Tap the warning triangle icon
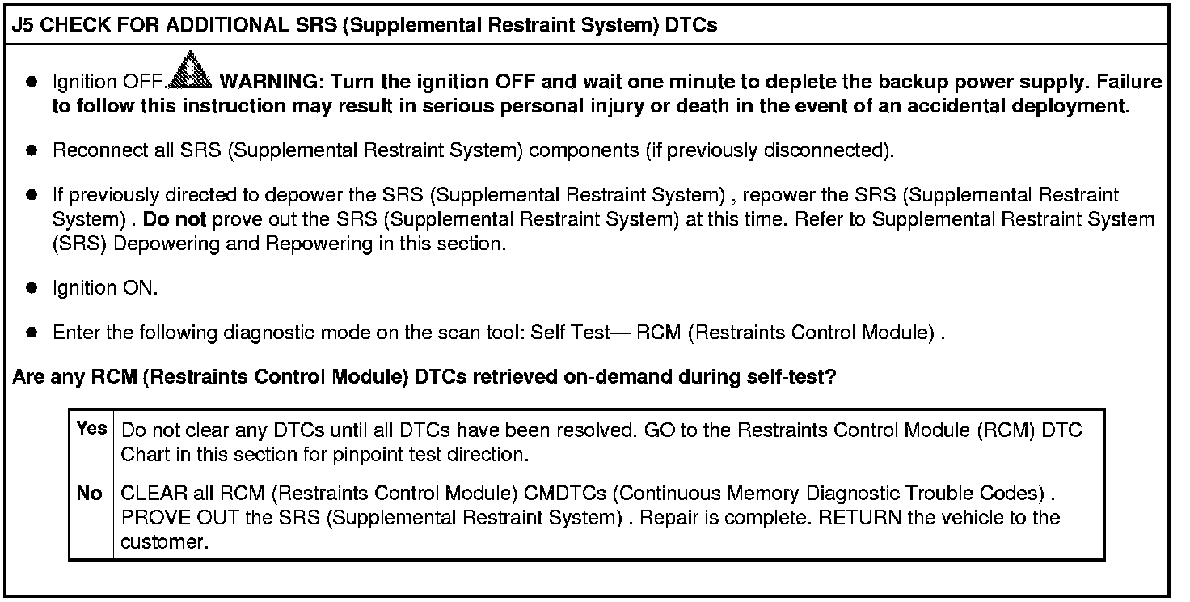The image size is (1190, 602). click(192, 70)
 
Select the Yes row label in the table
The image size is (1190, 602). click(91, 429)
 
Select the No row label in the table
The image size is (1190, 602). click(90, 493)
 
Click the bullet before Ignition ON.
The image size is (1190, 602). click(32, 288)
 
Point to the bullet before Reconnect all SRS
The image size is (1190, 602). click(32, 150)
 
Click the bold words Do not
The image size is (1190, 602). click(175, 219)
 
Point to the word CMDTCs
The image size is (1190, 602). click(569, 493)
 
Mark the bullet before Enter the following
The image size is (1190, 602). click(32, 333)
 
